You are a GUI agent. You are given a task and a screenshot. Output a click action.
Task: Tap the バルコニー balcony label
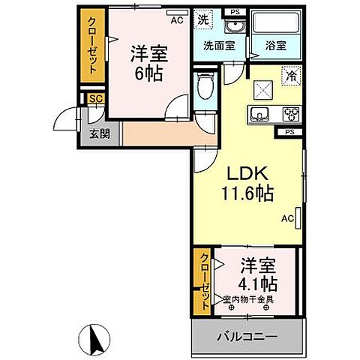[247, 336]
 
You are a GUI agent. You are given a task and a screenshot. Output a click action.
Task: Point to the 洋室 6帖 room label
[148, 63]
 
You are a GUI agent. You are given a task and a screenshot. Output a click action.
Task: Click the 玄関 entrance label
[90, 135]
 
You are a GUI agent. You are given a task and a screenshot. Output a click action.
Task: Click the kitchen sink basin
[261, 115]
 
